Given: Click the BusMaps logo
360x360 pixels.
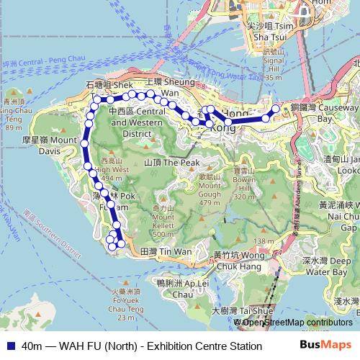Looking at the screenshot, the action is click(x=325, y=346).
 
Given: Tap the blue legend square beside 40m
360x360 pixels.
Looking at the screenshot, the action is click(x=9, y=346).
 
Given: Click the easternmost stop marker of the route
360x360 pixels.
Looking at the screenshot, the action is click(x=274, y=109).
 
